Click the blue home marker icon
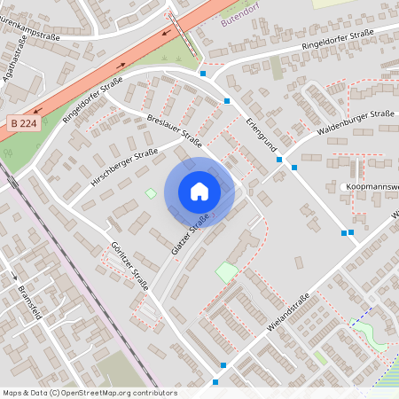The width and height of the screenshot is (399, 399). pyautogui.click(x=199, y=191)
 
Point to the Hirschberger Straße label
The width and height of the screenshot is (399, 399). pyautogui.click(x=124, y=168)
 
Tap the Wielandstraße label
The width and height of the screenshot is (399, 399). pyautogui.click(x=288, y=313)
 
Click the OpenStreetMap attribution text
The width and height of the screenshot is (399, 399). pyautogui.click(x=90, y=393)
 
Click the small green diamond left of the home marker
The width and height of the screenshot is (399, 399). pyautogui.click(x=151, y=193)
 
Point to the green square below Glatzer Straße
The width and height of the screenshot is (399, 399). pyautogui.click(x=227, y=271)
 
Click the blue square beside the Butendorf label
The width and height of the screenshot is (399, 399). pyautogui.click(x=202, y=73)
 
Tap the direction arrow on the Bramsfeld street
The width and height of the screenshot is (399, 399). pyautogui.click(x=16, y=276)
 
